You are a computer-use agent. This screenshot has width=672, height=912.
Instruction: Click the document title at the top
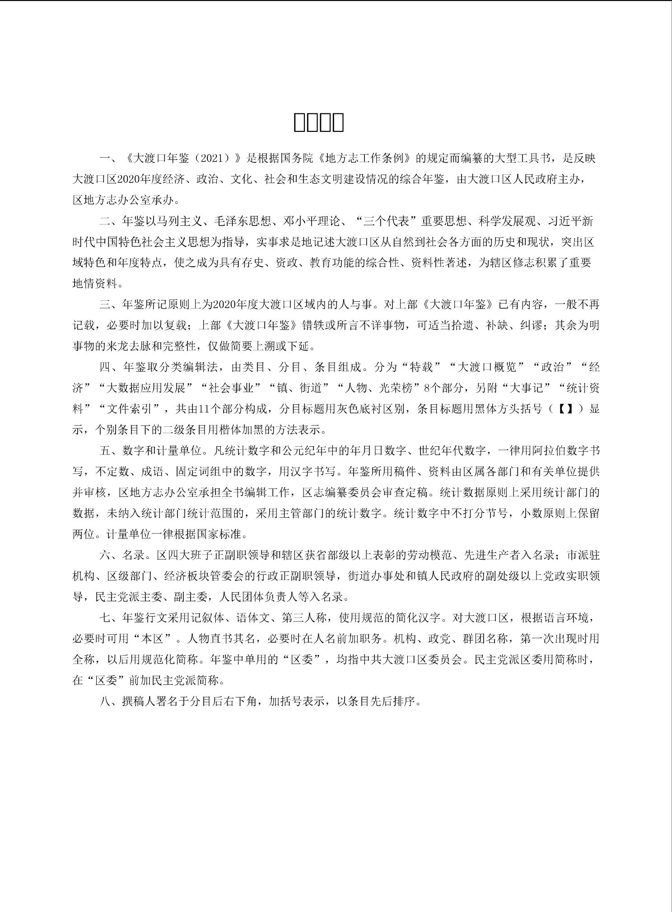(319, 122)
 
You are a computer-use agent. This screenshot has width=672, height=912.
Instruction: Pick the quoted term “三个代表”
(386, 221)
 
